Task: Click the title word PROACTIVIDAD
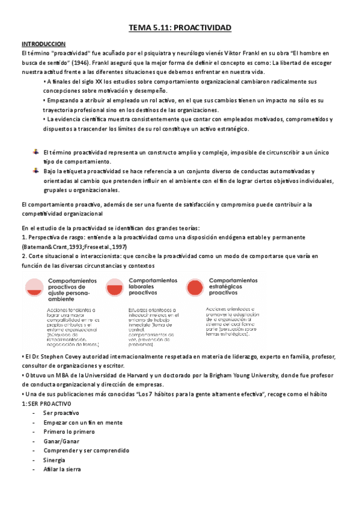(x=202, y=28)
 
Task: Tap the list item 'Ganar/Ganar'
(x=59, y=441)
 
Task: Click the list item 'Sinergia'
(x=55, y=460)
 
